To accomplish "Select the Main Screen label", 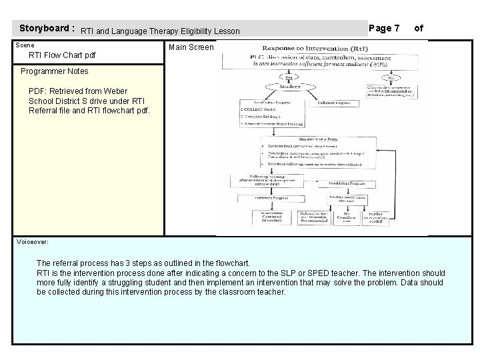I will click(191, 47).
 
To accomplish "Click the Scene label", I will click(25, 45).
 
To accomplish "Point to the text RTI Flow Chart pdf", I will click(63, 55).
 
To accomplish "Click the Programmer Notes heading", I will click(55, 71).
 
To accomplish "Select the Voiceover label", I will click(34, 242).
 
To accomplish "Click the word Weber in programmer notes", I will click(115, 91).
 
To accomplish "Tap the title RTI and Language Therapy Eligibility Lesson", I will click(160, 31).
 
